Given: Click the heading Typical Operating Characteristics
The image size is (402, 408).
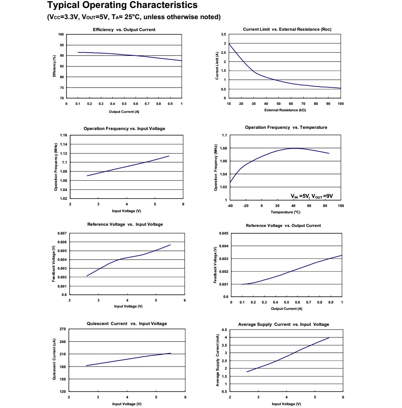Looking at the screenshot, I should [x=122, y=6].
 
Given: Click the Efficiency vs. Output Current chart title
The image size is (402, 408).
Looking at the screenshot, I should [x=124, y=30].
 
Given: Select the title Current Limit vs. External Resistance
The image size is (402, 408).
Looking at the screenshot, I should [x=287, y=29].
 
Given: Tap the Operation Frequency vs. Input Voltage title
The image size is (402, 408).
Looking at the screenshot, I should [x=124, y=128].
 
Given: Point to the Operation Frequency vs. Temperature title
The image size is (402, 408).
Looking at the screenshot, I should [x=286, y=127].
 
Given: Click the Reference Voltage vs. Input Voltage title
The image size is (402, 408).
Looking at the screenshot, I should [x=125, y=224].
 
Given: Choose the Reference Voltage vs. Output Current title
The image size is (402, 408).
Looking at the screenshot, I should [x=283, y=225].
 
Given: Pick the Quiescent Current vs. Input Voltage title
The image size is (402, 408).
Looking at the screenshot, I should [x=127, y=323].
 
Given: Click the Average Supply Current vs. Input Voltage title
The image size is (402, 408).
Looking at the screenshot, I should [x=283, y=324].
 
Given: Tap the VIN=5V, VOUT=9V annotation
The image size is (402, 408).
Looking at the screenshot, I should [x=312, y=196].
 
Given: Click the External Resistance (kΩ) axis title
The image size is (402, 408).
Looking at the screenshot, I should [x=284, y=110].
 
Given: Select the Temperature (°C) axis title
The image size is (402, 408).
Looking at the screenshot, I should [x=285, y=212].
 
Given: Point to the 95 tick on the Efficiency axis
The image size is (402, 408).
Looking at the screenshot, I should [x=61, y=45].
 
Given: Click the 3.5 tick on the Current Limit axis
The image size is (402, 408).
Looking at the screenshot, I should [x=223, y=34].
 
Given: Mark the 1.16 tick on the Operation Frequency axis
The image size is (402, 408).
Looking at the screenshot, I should [x=63, y=135].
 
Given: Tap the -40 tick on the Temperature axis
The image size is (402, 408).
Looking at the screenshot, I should [x=230, y=205].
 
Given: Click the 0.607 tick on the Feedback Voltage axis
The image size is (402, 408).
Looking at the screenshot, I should [x=63, y=233].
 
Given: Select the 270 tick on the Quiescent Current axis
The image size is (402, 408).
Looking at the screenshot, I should [x=63, y=329].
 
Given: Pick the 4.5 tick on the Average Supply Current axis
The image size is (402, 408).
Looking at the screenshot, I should [x=224, y=330].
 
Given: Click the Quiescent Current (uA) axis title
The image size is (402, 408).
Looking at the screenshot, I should [x=54, y=359].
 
